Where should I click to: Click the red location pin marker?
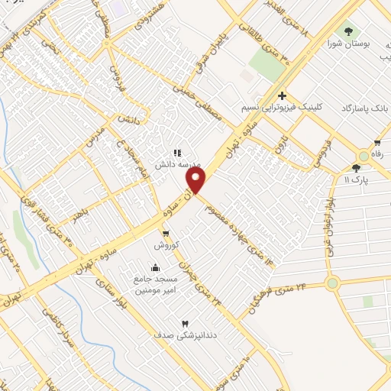coord(197,180)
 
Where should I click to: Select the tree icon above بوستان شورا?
coord(349,31)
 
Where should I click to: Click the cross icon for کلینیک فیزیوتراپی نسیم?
coord(282,95)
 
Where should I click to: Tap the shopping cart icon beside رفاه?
coord(377,144)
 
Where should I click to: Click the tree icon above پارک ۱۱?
coord(356,168)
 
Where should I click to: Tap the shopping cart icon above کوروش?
coord(166,233)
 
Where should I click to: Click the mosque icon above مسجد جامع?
coord(156,267)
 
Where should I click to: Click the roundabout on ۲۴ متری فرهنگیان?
coord(332,284)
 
